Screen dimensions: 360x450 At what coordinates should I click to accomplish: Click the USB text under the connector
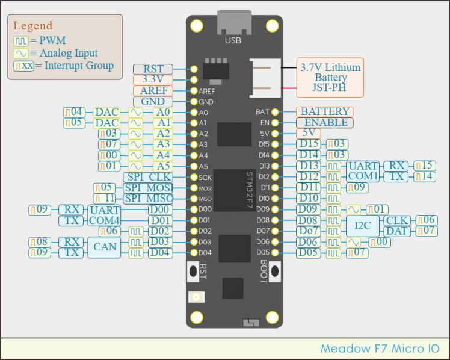click(232, 40)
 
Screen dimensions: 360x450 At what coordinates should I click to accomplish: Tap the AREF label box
click(153, 90)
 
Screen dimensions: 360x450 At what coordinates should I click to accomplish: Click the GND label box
click(153, 101)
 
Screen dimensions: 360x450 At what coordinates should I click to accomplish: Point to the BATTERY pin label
click(325, 111)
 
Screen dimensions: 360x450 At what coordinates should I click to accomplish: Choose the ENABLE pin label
click(325, 122)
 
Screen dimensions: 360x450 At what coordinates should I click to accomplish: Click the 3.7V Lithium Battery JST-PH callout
click(330, 78)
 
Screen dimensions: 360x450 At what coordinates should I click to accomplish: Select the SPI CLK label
click(148, 177)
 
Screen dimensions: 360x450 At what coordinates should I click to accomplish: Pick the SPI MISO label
click(148, 199)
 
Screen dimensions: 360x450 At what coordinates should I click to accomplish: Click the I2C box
click(363, 225)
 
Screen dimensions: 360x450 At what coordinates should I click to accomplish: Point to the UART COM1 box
click(363, 171)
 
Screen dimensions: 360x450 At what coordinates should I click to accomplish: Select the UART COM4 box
click(104, 215)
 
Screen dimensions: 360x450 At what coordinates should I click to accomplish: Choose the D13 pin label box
click(310, 166)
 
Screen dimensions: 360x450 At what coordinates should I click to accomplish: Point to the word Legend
click(32, 26)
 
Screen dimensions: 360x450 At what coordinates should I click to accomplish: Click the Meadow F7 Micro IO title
click(380, 349)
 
